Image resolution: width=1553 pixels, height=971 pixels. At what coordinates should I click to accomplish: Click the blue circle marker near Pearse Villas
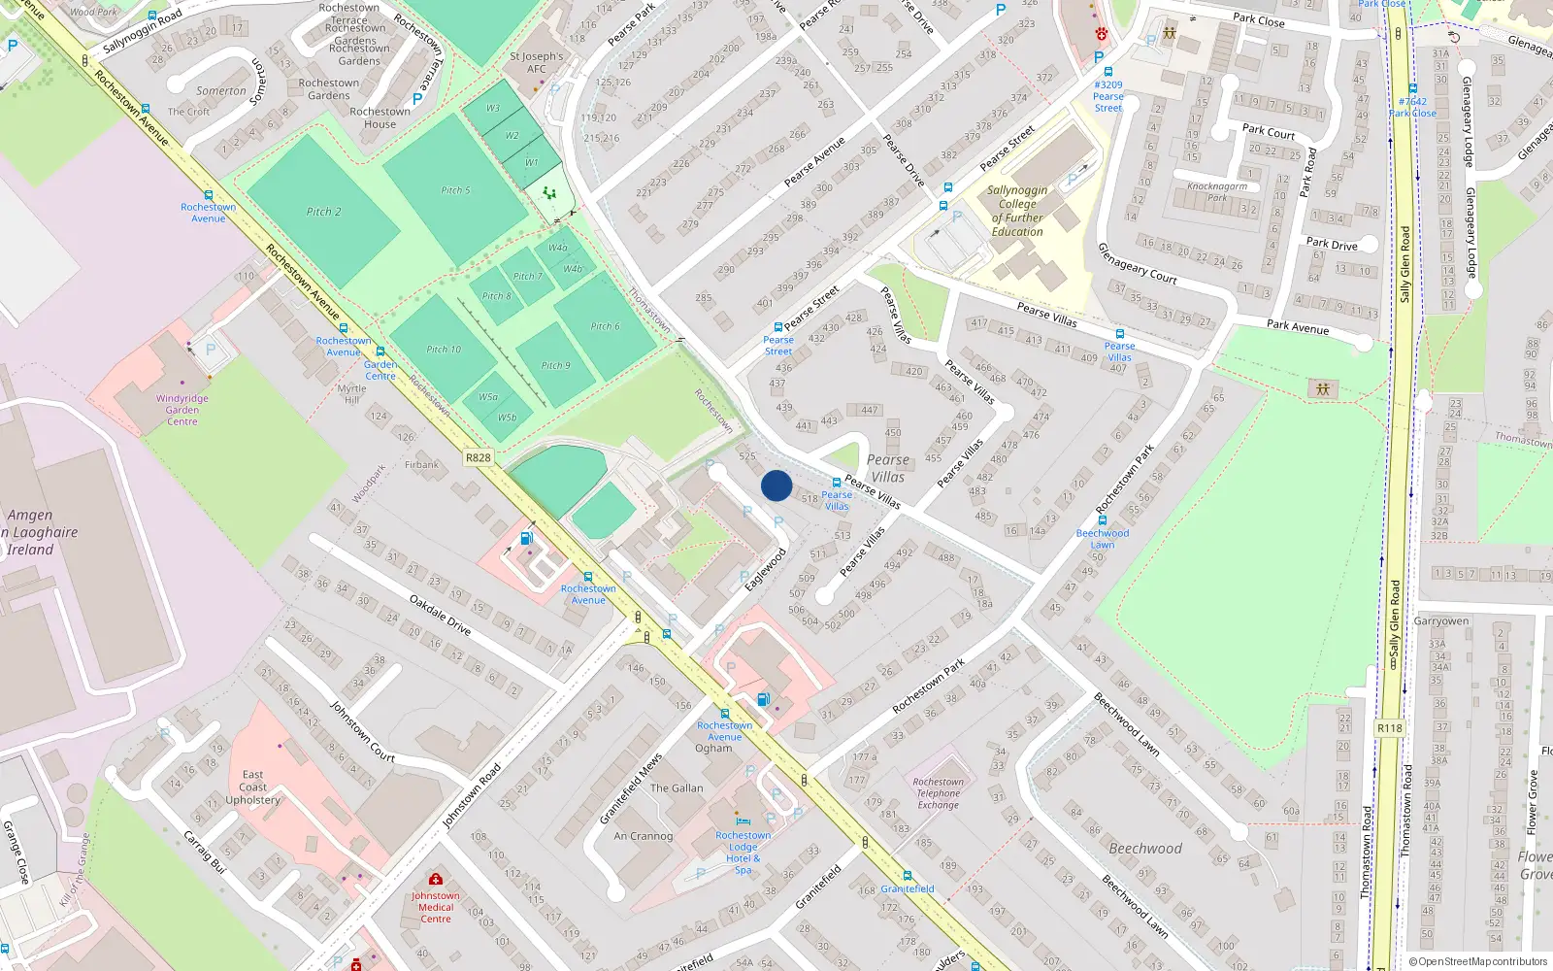pyautogui.click(x=776, y=485)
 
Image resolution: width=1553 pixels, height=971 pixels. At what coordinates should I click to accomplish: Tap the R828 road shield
pyautogui.click(x=479, y=457)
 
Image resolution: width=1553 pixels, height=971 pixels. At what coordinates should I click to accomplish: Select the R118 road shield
pyautogui.click(x=1390, y=728)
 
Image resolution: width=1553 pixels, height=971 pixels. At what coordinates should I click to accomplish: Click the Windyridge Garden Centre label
pyautogui.click(x=182, y=410)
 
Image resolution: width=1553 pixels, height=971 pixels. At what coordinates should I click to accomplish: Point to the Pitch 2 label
pyautogui.click(x=323, y=212)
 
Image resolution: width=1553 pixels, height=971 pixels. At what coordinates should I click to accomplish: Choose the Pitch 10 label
pyautogui.click(x=444, y=350)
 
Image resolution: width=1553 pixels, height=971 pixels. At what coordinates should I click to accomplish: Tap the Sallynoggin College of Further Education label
pyautogui.click(x=1017, y=211)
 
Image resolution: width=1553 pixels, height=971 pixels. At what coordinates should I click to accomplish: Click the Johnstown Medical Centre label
pyautogui.click(x=436, y=908)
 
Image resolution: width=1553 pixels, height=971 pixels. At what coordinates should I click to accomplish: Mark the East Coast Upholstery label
pyautogui.click(x=252, y=787)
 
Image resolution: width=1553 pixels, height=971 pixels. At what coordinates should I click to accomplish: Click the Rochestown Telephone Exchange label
pyautogui.click(x=939, y=793)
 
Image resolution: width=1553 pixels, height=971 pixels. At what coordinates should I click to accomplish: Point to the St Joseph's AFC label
pyautogui.click(x=536, y=62)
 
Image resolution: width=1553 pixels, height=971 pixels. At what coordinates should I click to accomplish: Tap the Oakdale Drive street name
pyautogui.click(x=440, y=616)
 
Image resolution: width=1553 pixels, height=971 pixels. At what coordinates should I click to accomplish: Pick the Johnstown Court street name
pyautogui.click(x=362, y=731)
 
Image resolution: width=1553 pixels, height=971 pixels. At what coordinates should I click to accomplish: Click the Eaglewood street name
pyautogui.click(x=765, y=570)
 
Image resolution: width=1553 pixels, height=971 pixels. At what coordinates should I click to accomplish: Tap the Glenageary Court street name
pyautogui.click(x=1137, y=263)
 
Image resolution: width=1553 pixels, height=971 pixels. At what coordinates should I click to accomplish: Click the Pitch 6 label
pyautogui.click(x=605, y=326)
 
